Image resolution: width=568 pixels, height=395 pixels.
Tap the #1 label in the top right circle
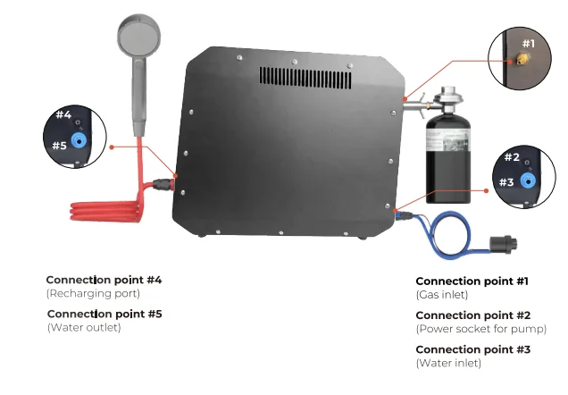tap(528, 43)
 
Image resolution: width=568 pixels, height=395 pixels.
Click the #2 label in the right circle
tap(511, 157)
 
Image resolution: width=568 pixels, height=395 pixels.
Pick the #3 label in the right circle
tap(505, 181)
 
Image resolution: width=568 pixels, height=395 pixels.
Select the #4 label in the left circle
tap(62, 114)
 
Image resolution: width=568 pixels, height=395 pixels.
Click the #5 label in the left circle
tap(59, 145)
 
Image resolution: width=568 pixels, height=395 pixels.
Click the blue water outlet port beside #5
tap(80, 140)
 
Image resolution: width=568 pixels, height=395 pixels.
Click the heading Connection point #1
tap(472, 281)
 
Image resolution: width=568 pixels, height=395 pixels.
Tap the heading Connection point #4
tap(104, 280)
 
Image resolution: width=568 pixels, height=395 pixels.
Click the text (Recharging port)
tap(93, 293)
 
